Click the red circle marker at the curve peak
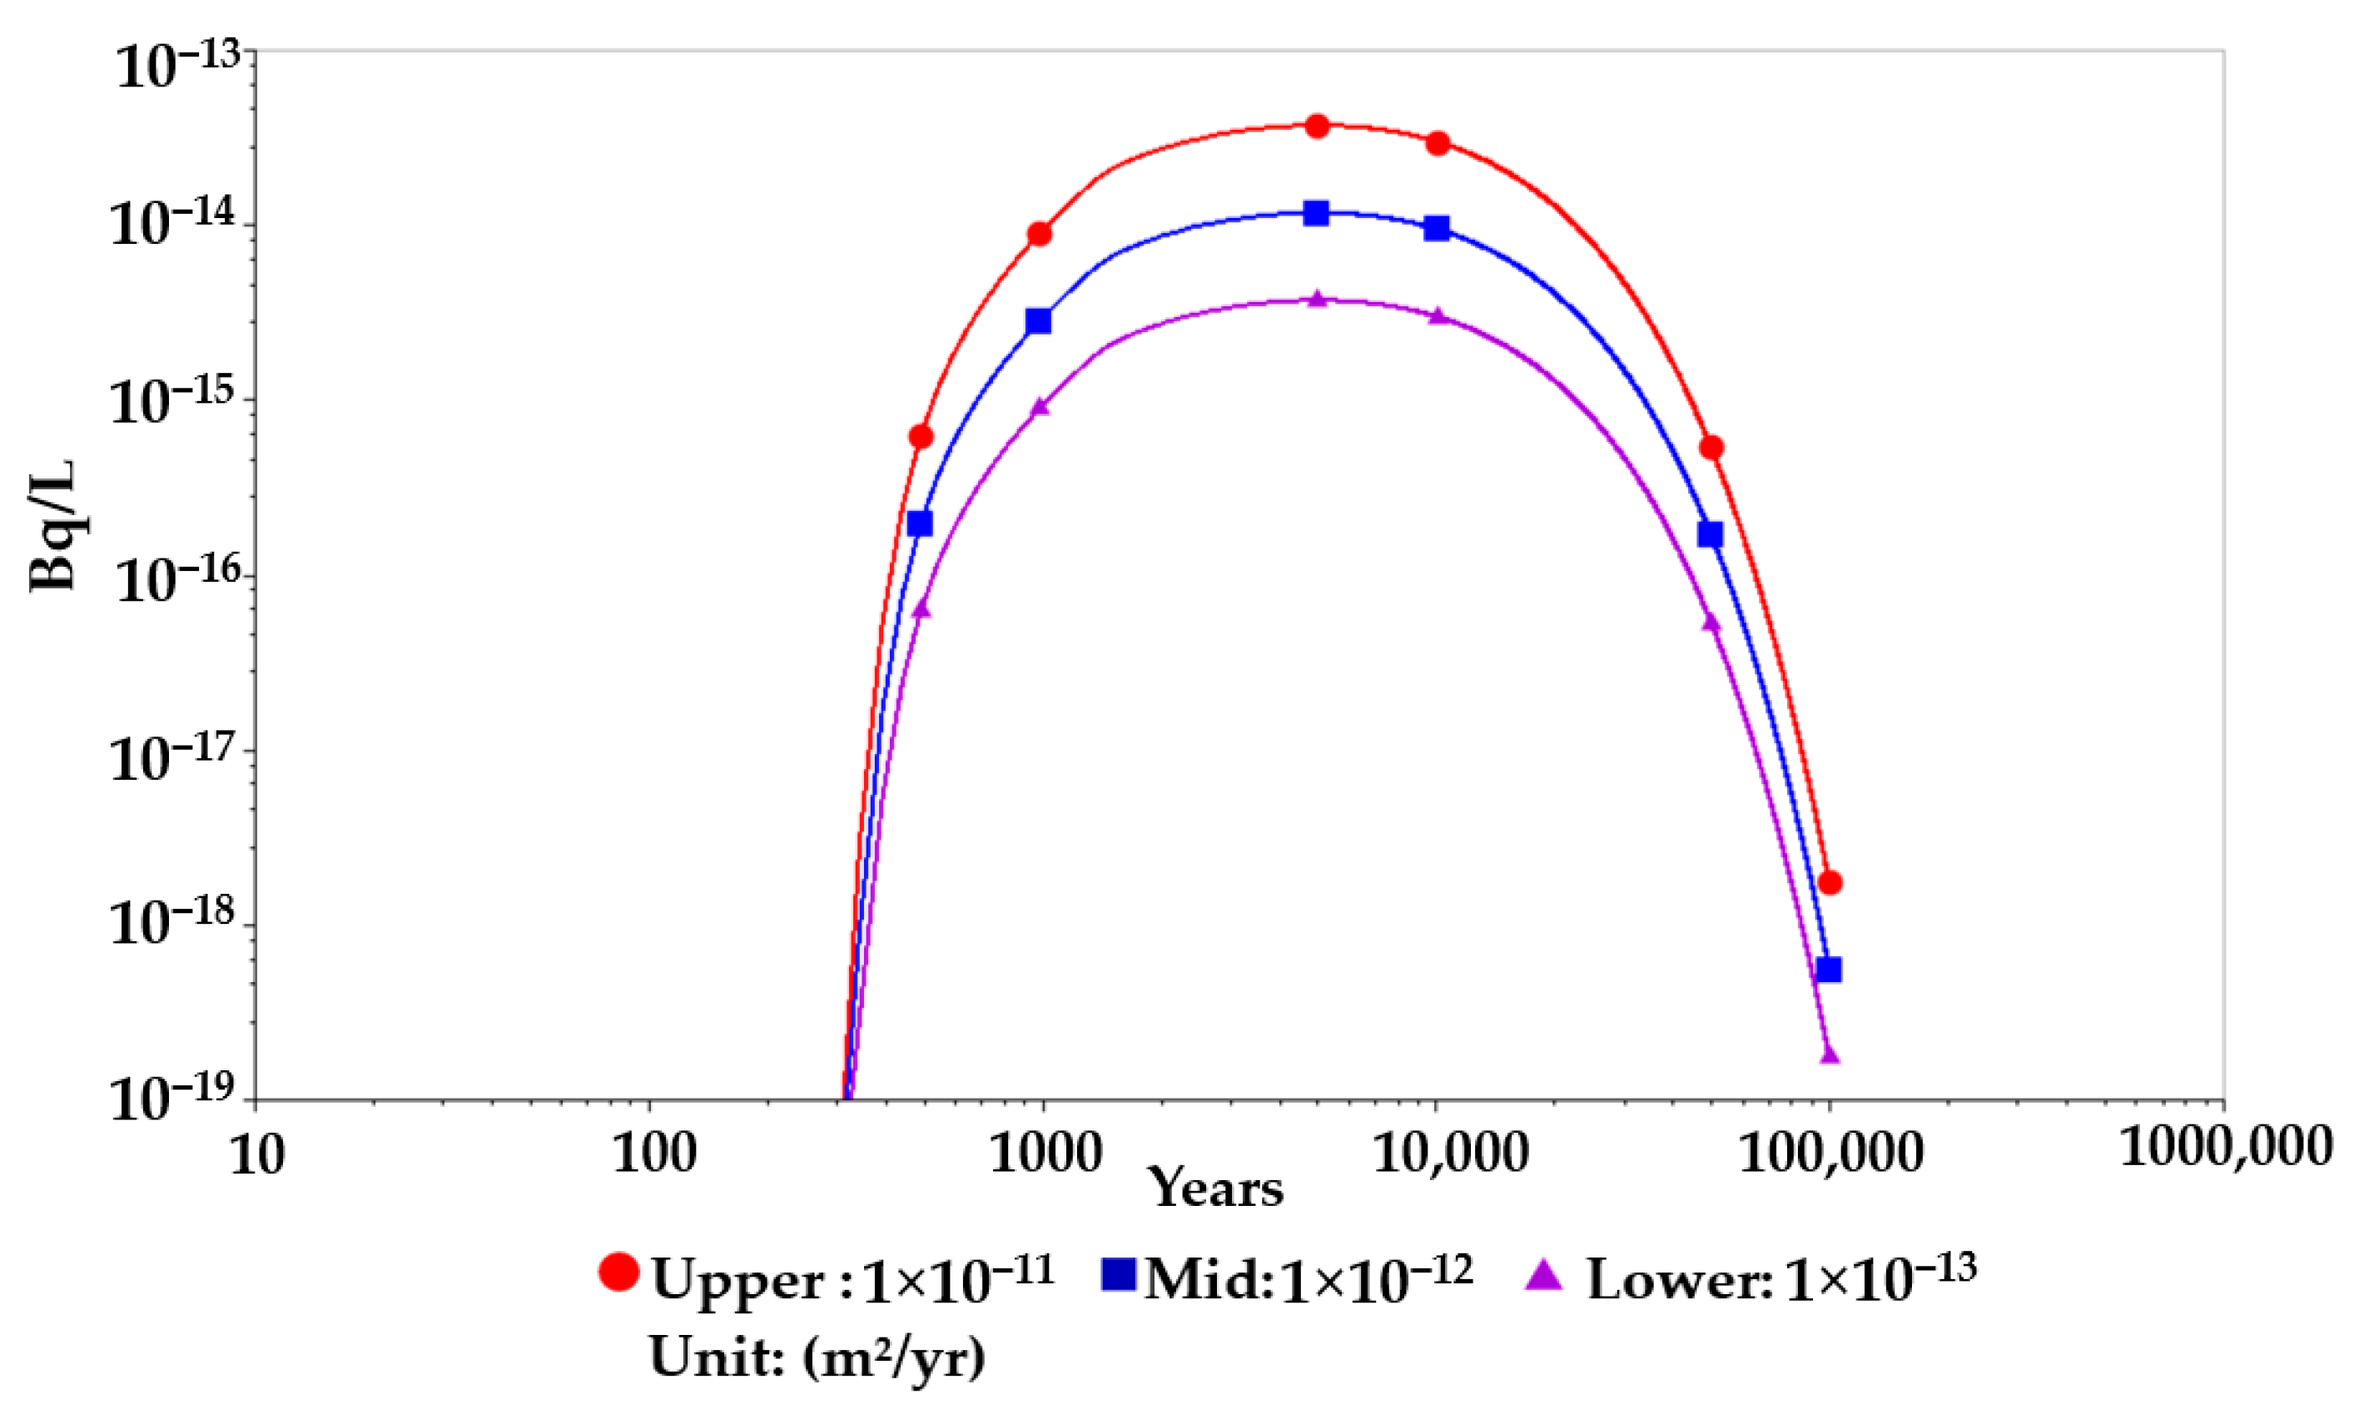click(x=1317, y=126)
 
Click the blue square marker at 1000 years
click(x=1039, y=321)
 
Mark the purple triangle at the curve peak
click(x=1318, y=300)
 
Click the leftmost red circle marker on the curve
click(x=921, y=436)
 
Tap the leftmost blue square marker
click(x=919, y=523)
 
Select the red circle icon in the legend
click(x=618, y=1271)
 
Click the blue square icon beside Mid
click(x=1118, y=1273)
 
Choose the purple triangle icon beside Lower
click(x=1544, y=1274)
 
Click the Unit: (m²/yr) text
click(x=817, y=1357)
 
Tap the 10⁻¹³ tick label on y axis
click(x=176, y=67)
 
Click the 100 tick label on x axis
click(x=653, y=1154)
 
